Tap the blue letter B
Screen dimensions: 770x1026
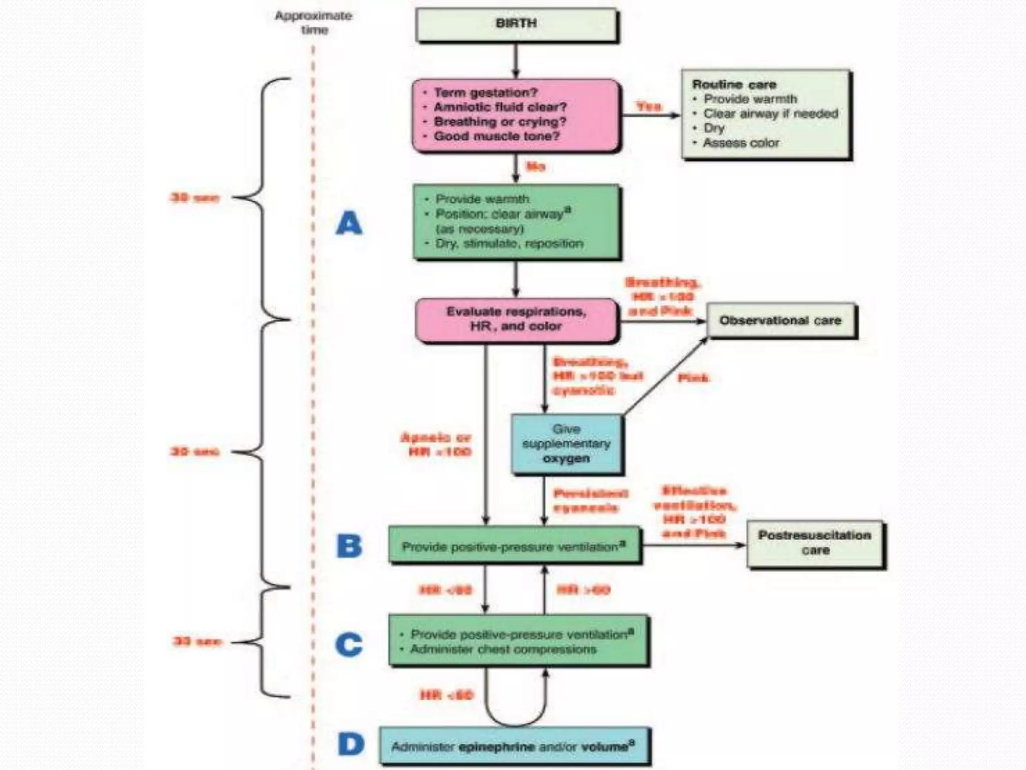[x=349, y=546]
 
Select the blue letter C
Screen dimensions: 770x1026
[x=349, y=644]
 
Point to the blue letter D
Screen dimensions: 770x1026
[x=351, y=744]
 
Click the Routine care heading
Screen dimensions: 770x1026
[x=734, y=84]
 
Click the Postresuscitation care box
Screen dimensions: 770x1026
[x=815, y=543]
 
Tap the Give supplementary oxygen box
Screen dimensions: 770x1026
[x=566, y=444]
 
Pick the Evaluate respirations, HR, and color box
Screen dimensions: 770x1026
[x=516, y=319]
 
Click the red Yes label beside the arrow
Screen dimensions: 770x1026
[x=649, y=106]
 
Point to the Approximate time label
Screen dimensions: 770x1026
[x=314, y=23]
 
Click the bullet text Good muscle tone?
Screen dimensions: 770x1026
[x=496, y=136]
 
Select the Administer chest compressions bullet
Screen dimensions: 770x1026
[x=503, y=650]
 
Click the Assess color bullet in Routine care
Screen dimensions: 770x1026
[x=740, y=143]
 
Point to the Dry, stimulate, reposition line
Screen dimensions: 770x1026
[x=509, y=244]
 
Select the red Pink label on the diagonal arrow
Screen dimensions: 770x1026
[x=693, y=378]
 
